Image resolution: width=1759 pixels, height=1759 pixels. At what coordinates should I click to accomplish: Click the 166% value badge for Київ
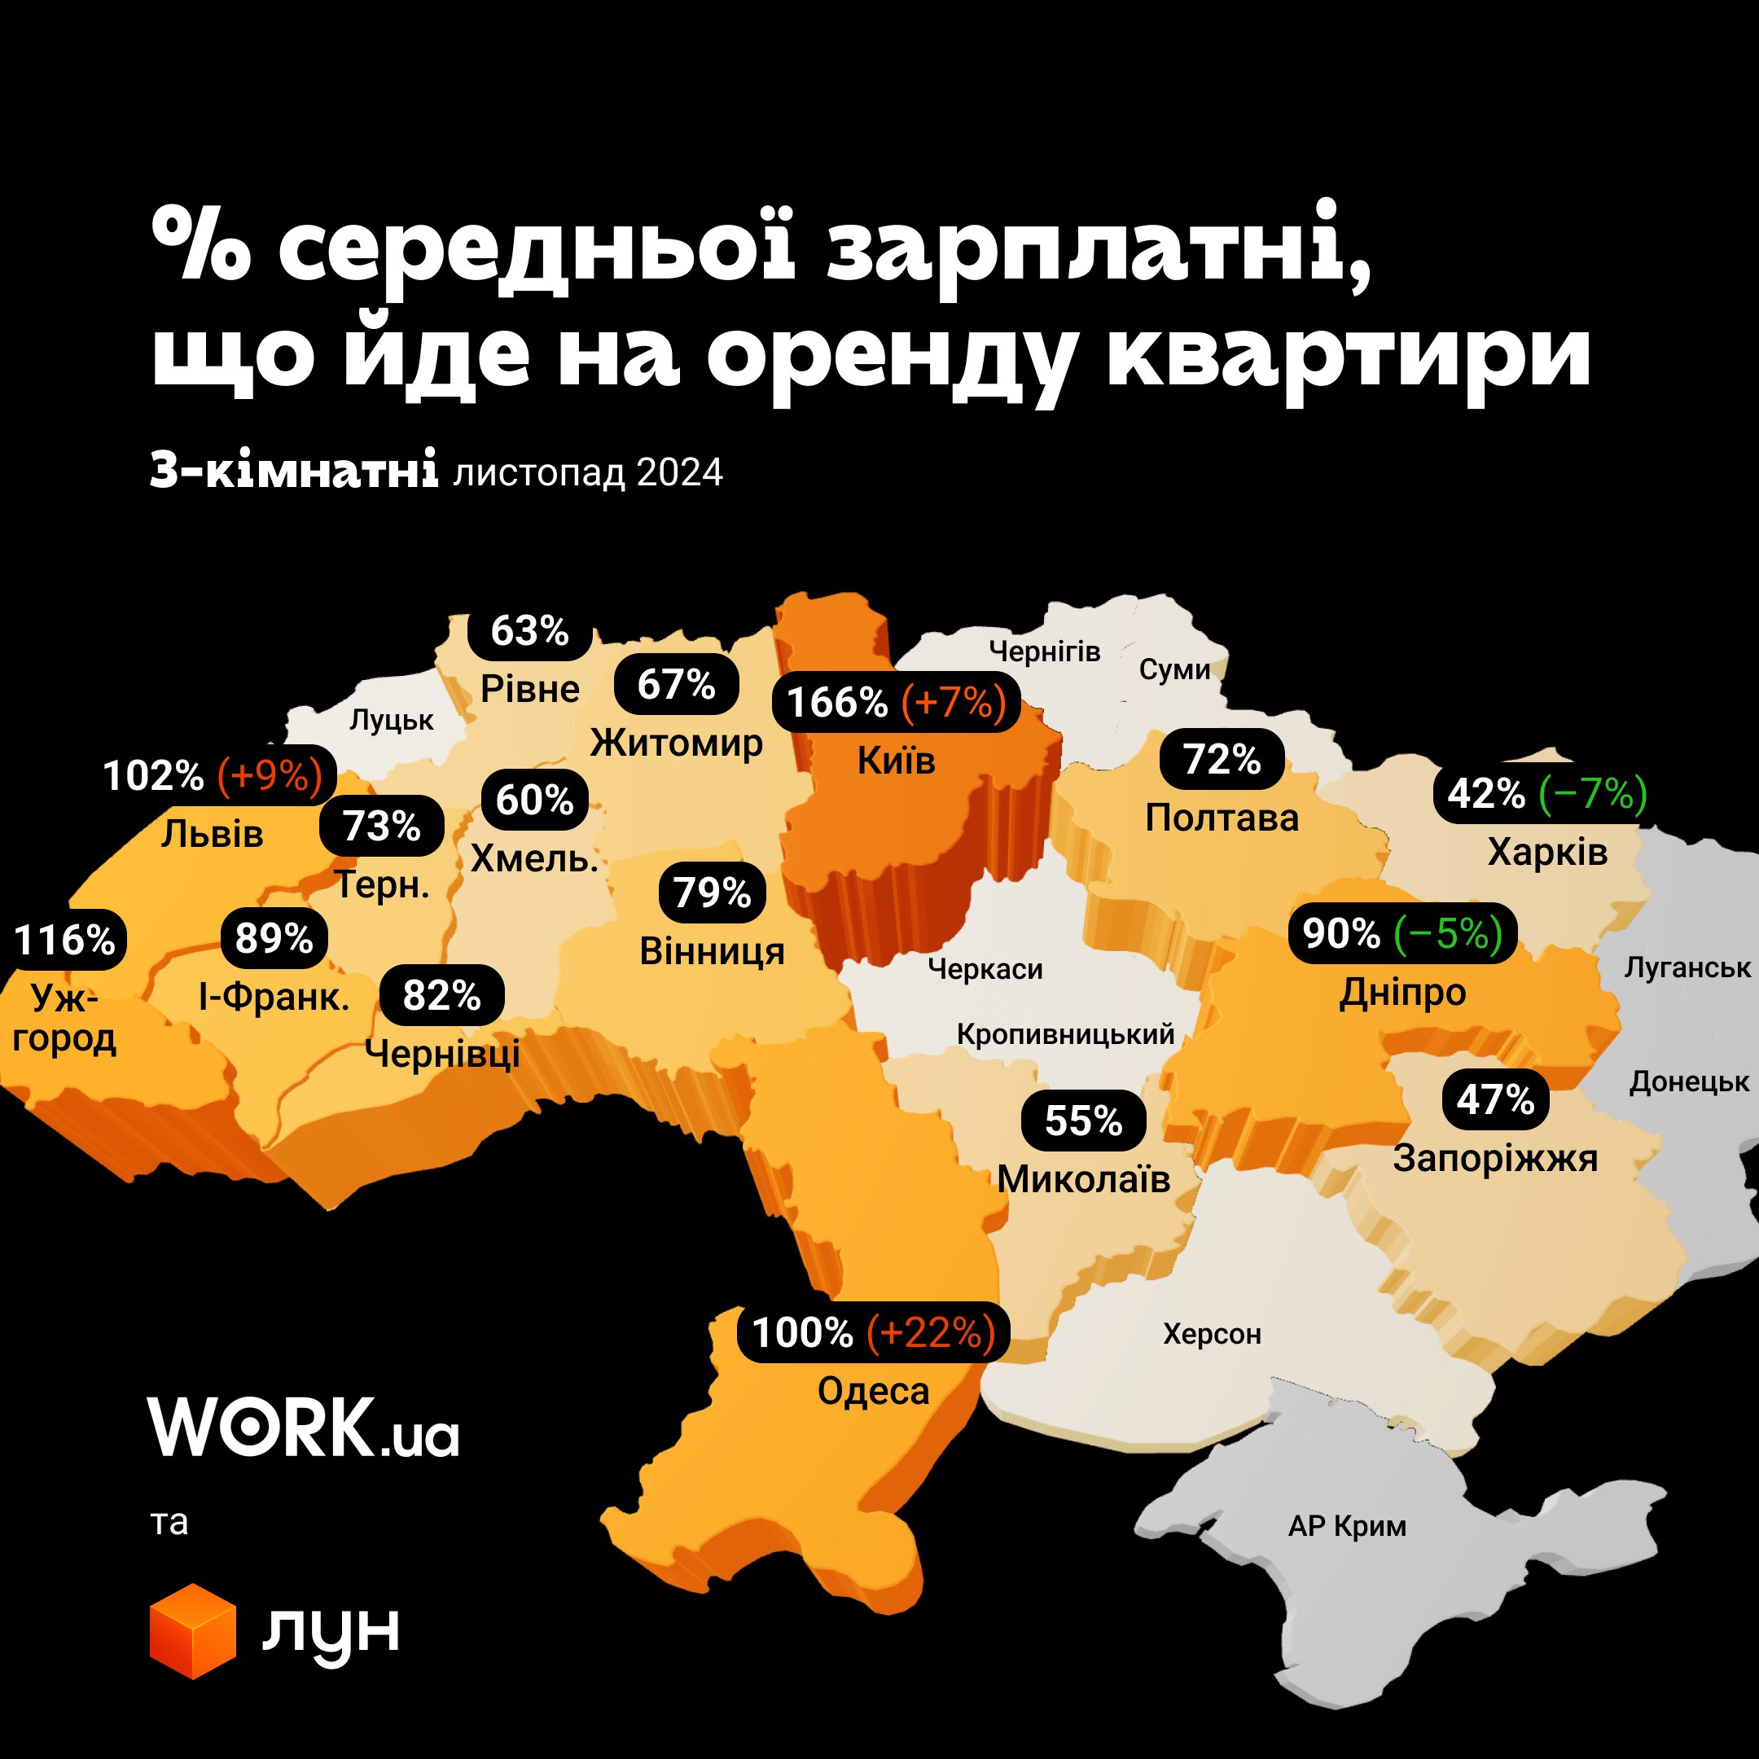point(836,703)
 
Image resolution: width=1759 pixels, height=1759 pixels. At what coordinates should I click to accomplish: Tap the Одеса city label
point(873,1390)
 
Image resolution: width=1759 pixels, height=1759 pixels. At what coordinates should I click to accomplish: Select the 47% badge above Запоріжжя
point(1495,1100)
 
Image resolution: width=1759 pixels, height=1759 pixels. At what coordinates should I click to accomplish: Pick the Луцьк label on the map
point(392,720)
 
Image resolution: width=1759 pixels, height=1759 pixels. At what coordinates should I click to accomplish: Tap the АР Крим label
point(1347,1525)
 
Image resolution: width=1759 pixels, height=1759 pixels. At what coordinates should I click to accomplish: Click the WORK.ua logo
point(303,1427)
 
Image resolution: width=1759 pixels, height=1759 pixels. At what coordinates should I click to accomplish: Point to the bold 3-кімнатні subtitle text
point(294,472)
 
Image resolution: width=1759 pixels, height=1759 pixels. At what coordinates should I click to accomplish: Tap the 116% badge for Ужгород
point(64,940)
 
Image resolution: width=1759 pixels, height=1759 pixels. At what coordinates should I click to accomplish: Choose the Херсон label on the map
point(1212,1334)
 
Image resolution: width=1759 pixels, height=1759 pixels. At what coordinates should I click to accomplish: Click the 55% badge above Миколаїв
point(1082,1120)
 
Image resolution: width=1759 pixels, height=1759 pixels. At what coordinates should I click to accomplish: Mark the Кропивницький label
point(1065,1034)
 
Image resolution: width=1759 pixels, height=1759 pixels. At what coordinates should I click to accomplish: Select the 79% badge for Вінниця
point(712,893)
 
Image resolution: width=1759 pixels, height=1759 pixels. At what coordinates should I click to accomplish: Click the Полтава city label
point(1221,818)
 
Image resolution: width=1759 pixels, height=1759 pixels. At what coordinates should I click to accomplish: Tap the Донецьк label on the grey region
point(1689,1081)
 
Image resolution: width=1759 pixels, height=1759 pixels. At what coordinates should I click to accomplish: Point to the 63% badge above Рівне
point(529,630)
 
